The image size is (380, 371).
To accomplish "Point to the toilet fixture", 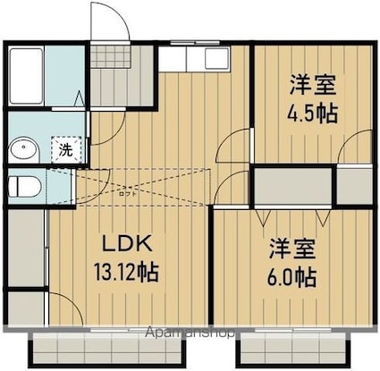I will (x=25, y=188).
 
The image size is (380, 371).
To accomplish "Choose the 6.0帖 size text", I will (x=292, y=276).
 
